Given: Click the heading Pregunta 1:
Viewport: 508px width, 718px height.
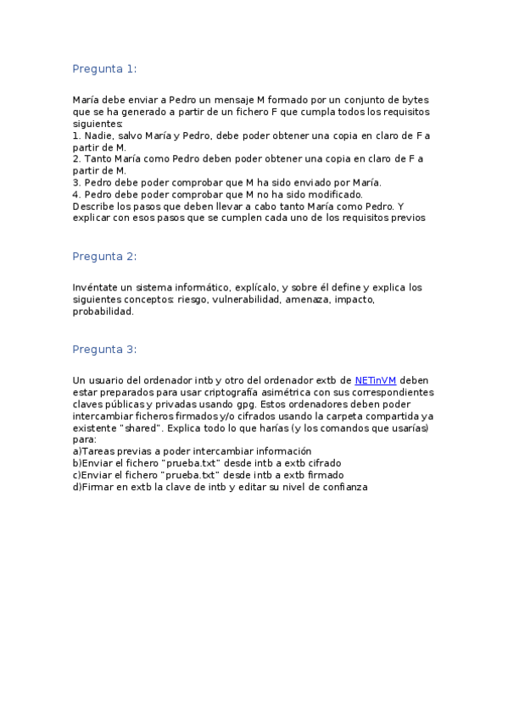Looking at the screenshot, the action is coord(104,69).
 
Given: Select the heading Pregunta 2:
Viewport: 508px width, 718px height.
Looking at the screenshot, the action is coord(104,257).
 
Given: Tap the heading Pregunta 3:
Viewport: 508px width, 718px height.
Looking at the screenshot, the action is coord(104,349).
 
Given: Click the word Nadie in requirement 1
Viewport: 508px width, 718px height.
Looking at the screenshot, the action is coord(98,135).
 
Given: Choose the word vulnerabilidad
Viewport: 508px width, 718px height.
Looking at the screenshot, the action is coord(243,300).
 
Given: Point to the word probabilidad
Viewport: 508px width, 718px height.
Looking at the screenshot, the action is coord(103,312).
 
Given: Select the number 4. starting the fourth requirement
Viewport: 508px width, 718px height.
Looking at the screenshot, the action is coord(76,194).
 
